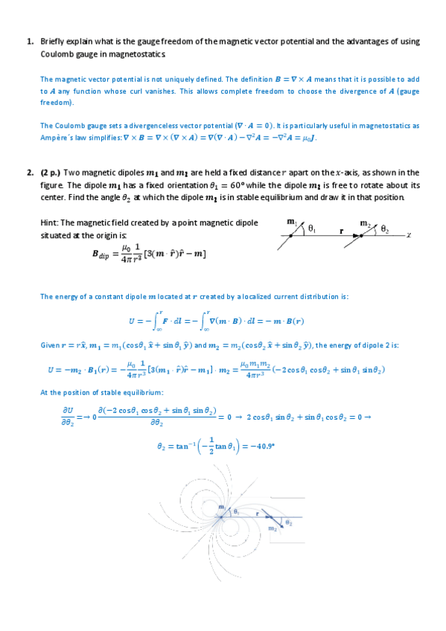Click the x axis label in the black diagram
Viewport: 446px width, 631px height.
click(x=409, y=234)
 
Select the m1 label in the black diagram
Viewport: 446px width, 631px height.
click(x=291, y=222)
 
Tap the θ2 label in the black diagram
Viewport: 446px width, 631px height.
click(x=385, y=230)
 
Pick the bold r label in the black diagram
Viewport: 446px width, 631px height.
click(x=341, y=231)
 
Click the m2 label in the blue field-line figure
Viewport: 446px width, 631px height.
click(x=273, y=528)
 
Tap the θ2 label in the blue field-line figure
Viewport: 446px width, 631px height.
click(x=289, y=523)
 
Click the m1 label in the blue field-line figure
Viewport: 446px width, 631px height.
click(x=222, y=507)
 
